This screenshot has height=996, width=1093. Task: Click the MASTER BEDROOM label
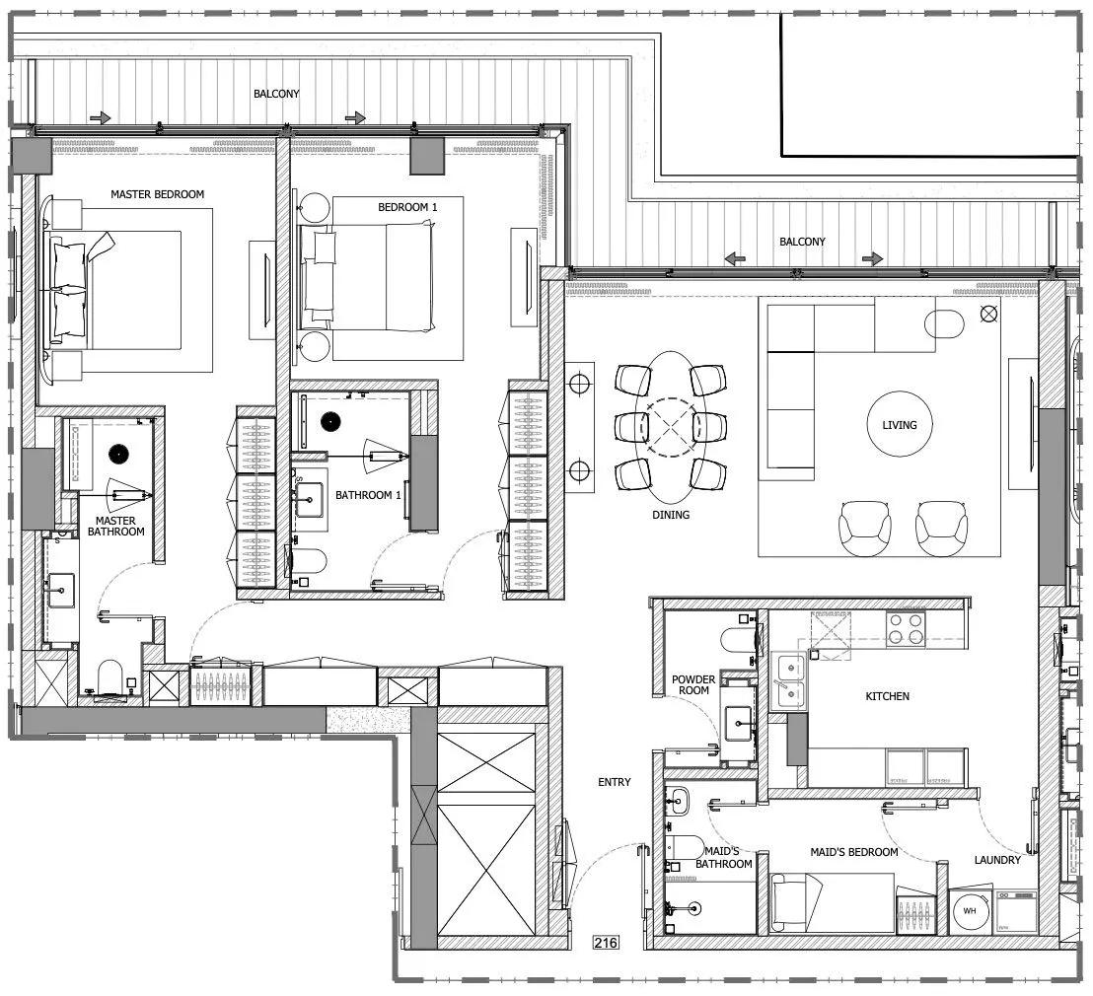157,194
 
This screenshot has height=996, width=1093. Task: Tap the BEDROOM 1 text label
407,207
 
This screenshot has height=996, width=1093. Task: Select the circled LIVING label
900,425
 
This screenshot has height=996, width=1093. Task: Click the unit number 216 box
605,943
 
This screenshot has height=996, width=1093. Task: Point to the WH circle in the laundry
970,911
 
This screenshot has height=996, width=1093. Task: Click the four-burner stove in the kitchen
905,629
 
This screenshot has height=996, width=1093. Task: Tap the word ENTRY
614,782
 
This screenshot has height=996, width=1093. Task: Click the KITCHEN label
887,696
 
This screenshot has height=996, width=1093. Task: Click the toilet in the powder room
737,641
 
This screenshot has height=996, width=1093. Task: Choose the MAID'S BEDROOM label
853,852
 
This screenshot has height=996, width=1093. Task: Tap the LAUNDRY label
997,860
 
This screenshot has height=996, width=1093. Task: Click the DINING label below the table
671,515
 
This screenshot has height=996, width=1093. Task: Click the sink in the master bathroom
61,593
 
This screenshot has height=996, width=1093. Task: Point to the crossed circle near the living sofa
989,314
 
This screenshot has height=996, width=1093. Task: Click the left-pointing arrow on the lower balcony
735,258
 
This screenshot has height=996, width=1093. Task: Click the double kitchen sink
789,680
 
